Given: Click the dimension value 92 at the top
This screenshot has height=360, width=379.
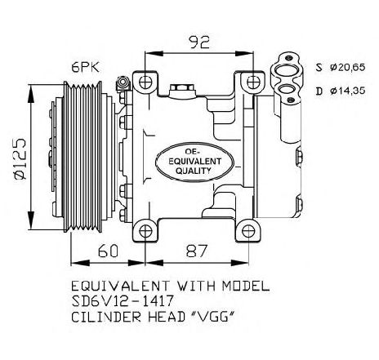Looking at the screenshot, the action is (200, 42).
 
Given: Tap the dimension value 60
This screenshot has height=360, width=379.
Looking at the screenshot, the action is (108, 251).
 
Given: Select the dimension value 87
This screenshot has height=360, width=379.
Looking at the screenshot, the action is (197, 251).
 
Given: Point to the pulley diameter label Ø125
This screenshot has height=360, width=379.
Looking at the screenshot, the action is (20, 159).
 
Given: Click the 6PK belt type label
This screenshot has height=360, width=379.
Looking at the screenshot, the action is (86, 67).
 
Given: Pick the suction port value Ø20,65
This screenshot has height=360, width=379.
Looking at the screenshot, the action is (348, 67).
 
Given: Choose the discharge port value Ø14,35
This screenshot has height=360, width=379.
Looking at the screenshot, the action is (348, 91).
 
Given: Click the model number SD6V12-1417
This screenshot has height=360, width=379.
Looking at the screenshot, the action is (123, 301).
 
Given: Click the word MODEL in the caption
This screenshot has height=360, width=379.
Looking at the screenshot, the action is (246, 287).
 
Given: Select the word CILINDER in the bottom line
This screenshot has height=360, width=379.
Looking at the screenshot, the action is (106, 317).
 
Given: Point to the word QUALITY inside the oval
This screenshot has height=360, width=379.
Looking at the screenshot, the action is (194, 171).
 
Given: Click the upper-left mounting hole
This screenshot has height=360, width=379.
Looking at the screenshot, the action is (145, 82).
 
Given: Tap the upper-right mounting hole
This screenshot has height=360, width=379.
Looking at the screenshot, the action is (253, 82).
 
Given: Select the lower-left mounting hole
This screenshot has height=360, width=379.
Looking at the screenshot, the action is (145, 231).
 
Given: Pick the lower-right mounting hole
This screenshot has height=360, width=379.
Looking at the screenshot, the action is (248, 231).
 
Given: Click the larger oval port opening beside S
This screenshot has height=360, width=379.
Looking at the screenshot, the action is (285, 71).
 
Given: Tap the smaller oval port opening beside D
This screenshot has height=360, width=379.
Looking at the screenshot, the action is (286, 90).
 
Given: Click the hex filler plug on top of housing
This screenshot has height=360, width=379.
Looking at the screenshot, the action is (181, 87).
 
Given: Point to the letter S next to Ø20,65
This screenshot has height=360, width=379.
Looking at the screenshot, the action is (319, 67).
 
